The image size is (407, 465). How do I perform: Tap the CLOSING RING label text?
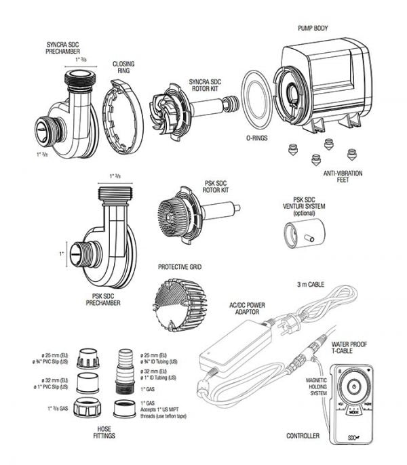click(x=123, y=68)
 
